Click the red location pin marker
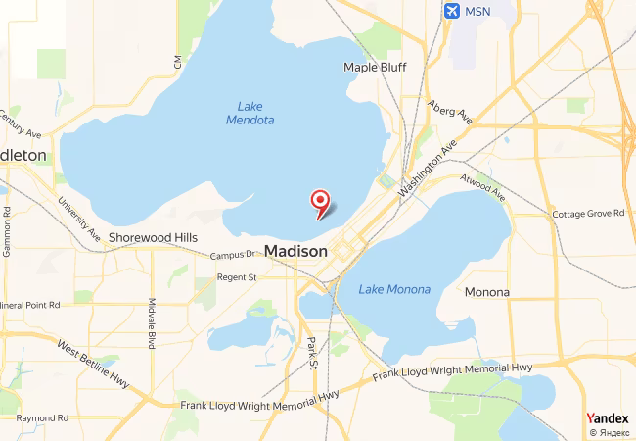click(319, 201)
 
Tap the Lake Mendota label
click(250, 113)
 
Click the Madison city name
click(295, 251)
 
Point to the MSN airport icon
click(451, 11)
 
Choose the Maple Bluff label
click(375, 67)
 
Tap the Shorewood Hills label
click(153, 237)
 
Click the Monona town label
click(486, 292)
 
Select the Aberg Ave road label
click(450, 111)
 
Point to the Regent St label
click(236, 277)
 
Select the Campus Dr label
click(232, 255)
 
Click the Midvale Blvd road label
click(152, 323)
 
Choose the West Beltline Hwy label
click(94, 364)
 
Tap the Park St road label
click(312, 353)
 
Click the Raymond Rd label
click(42, 417)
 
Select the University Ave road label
click(79, 219)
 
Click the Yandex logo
click(607, 418)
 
